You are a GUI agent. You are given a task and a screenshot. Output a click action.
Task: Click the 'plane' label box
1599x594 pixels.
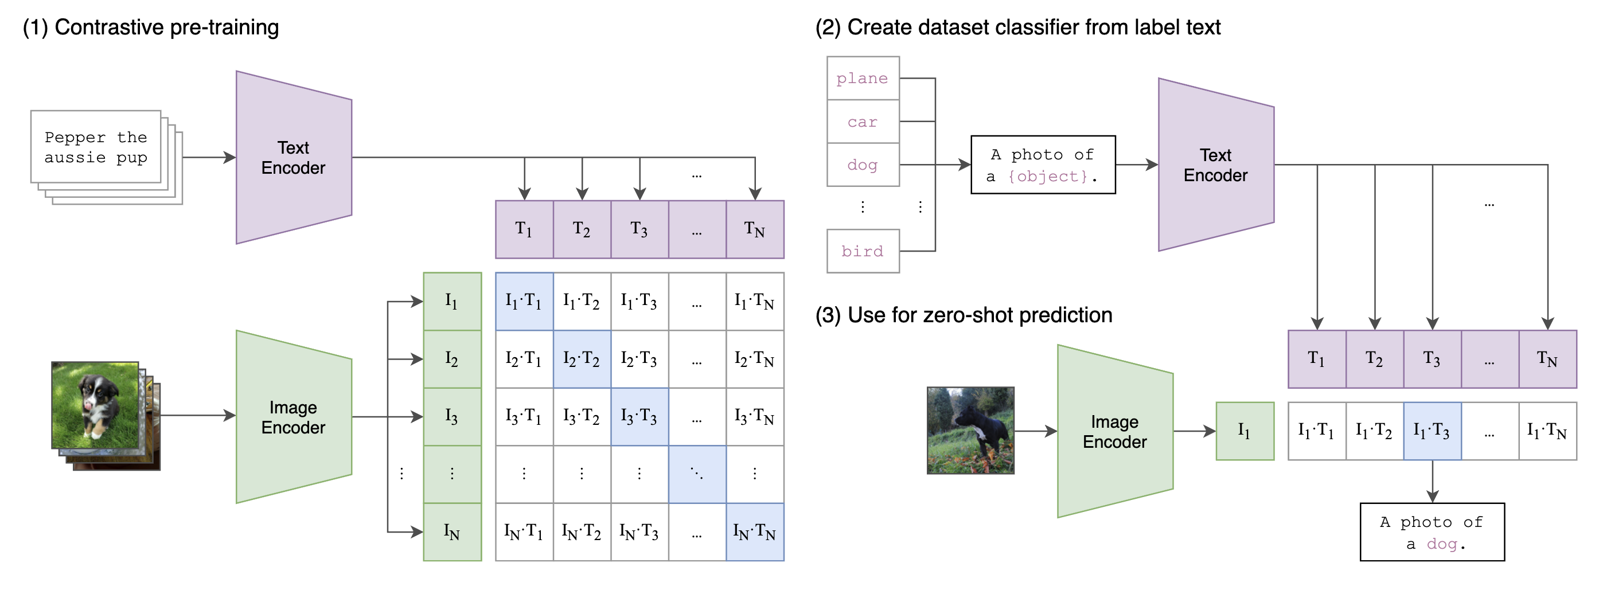[862, 78]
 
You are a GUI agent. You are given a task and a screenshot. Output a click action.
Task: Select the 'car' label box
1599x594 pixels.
[862, 122]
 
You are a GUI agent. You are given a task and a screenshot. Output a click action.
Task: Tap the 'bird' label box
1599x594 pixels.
[862, 251]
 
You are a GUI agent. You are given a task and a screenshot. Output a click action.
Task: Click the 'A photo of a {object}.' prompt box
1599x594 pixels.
[1042, 165]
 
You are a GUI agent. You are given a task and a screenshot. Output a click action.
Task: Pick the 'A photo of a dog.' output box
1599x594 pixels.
[1432, 532]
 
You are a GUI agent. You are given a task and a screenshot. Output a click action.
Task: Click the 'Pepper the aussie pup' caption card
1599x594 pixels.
[96, 147]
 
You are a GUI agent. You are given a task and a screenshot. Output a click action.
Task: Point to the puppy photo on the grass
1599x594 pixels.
[95, 405]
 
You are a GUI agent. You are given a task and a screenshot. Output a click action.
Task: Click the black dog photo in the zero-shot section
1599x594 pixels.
[970, 430]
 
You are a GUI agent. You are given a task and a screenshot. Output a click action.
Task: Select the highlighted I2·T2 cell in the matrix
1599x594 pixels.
[582, 359]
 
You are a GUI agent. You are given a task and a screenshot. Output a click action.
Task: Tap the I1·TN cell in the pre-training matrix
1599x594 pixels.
[754, 302]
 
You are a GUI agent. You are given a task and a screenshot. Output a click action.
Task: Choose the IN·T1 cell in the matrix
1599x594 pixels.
[523, 532]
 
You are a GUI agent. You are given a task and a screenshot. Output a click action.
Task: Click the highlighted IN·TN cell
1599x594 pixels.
[754, 532]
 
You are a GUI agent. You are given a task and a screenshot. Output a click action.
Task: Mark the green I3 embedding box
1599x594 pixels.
[452, 416]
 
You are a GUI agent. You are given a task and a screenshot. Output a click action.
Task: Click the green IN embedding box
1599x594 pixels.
[452, 532]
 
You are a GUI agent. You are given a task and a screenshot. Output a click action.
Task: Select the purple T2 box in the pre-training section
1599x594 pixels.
[582, 229]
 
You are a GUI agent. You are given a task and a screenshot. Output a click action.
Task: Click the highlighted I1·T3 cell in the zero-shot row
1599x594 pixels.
[1432, 431]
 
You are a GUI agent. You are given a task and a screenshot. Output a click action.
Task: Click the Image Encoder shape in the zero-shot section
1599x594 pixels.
[1115, 431]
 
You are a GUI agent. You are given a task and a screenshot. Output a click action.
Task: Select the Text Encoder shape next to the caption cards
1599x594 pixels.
[294, 158]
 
